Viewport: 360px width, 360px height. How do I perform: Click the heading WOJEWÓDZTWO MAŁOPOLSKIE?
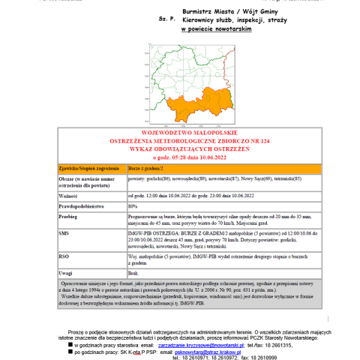(183, 130)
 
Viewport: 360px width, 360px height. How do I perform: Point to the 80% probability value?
(133, 205)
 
